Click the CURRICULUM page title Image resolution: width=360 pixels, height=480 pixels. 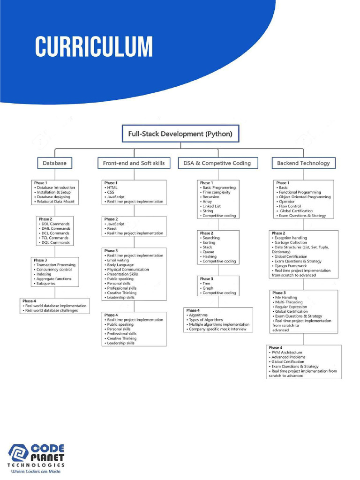[94, 47]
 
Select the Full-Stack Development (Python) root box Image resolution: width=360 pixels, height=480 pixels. [180, 134]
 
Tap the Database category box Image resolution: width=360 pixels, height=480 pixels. [55, 163]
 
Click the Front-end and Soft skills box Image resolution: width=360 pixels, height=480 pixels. [134, 163]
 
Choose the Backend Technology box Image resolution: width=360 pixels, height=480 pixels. [303, 163]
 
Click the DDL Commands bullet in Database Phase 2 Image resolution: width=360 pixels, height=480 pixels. [55, 224]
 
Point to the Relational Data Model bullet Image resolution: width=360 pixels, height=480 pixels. [55, 202]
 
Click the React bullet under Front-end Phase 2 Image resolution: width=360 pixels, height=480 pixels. [112, 229]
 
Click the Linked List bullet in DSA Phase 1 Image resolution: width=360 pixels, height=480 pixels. [211, 206]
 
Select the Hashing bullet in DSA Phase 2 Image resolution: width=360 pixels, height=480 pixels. [210, 256]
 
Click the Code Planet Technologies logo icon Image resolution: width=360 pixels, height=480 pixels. [19, 453]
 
